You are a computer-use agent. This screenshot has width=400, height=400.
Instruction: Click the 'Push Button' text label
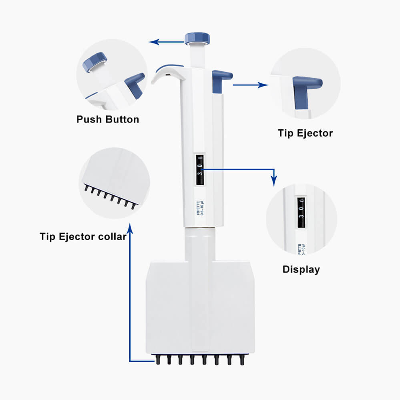107,119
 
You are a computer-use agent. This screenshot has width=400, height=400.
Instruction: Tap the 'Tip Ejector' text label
305,133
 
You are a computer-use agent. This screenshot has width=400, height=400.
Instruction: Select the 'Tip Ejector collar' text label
83,237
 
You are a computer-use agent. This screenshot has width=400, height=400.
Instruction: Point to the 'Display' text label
301,269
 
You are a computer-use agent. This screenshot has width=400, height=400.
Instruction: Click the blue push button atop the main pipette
197,38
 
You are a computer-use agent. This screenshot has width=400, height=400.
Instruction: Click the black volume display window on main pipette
200,170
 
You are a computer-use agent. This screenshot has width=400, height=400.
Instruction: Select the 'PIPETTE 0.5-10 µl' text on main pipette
200,208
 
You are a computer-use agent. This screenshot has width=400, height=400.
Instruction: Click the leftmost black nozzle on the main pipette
158,360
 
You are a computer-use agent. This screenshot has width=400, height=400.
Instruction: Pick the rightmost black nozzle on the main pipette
241,360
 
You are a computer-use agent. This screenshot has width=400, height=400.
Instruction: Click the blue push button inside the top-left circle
95,61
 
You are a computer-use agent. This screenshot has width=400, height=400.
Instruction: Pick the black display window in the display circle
301,212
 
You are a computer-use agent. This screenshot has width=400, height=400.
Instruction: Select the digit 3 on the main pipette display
200,173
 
